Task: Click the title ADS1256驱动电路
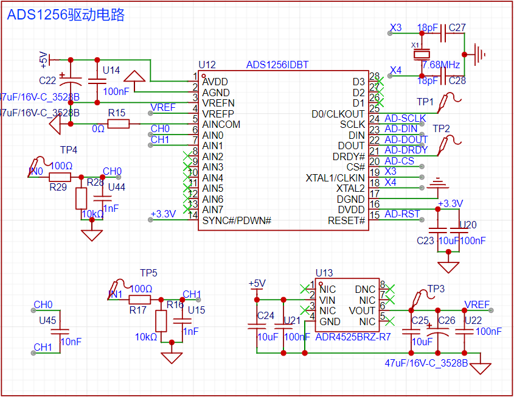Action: (66, 15)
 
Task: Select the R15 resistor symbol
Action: (118, 124)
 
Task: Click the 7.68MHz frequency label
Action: (441, 65)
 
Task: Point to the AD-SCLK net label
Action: (405, 118)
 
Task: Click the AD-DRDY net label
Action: (406, 150)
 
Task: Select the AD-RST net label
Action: (402, 214)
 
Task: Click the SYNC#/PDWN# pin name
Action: (237, 220)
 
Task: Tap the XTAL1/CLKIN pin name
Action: (335, 178)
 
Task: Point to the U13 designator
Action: (324, 273)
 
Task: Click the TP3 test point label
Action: (436, 288)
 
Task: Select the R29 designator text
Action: (58, 188)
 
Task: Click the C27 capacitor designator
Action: (457, 28)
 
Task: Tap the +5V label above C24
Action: (257, 283)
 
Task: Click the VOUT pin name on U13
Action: (362, 310)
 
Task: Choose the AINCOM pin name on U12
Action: (221, 124)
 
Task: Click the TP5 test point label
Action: (148, 273)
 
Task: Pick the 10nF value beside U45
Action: (71, 342)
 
